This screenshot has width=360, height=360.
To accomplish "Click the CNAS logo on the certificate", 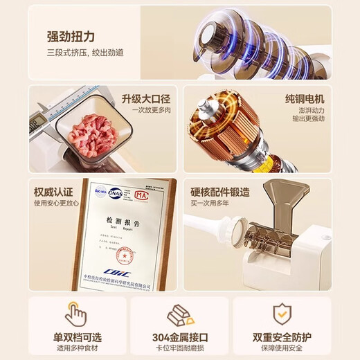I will click(x=116, y=195).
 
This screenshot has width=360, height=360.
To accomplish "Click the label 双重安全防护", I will click(x=282, y=337).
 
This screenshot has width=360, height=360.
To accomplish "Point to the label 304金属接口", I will click(x=180, y=338).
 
